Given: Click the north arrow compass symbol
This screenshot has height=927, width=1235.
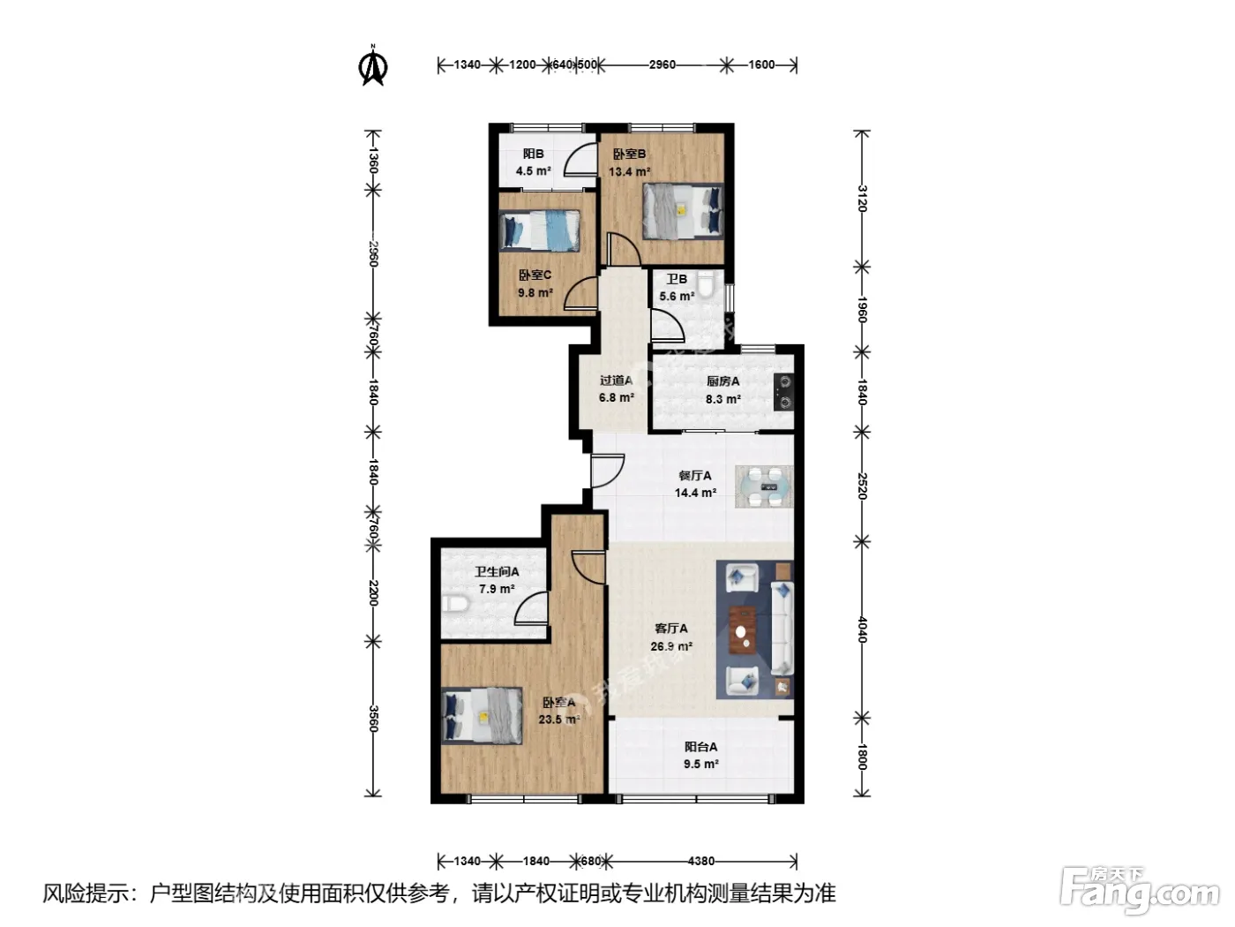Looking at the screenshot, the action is (x=372, y=65).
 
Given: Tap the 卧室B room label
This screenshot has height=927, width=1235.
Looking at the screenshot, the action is (x=629, y=154).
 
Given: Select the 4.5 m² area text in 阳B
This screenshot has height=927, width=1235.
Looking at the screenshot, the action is (x=533, y=170).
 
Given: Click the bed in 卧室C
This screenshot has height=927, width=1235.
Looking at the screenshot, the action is (x=540, y=230).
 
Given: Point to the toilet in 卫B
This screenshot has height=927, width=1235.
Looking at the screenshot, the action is (x=706, y=285).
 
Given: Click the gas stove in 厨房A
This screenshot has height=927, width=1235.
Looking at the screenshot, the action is (x=783, y=392).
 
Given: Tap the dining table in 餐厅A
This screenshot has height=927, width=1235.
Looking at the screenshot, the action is (x=764, y=486).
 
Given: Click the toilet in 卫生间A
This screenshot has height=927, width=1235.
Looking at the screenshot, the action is (x=455, y=604).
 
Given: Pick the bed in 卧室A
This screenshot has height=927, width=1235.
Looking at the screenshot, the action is (x=483, y=715).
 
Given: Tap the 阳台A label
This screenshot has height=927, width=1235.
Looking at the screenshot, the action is (x=700, y=747).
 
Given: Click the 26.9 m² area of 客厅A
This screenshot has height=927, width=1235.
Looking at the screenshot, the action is (x=671, y=646).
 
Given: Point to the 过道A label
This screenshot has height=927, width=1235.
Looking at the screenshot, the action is (x=616, y=381).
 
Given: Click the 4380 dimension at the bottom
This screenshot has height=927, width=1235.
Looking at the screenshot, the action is (x=701, y=861).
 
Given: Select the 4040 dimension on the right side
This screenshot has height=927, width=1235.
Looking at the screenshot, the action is (x=861, y=629).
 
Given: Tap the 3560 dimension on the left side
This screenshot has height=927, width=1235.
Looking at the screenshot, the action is (x=372, y=719).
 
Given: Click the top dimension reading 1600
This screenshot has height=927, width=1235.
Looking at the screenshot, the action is (x=761, y=64).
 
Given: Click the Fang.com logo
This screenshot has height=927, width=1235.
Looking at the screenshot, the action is (x=1140, y=891).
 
